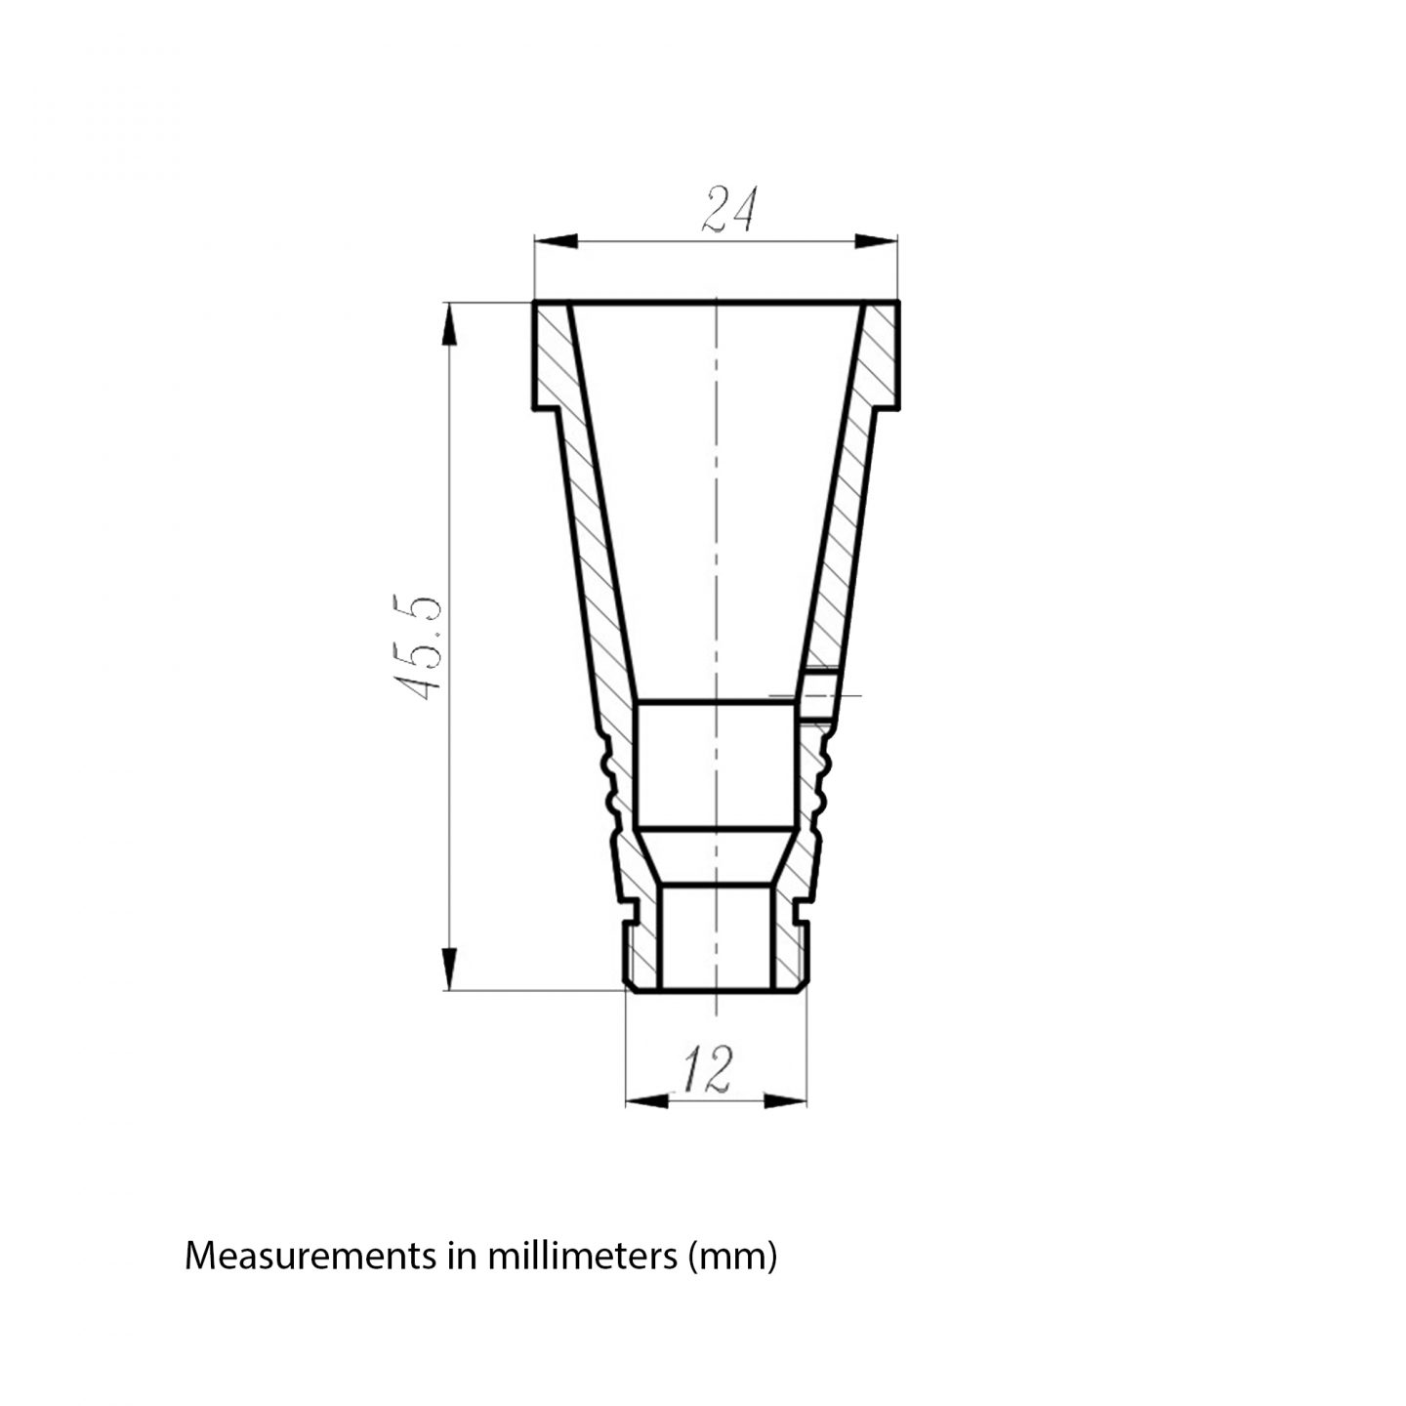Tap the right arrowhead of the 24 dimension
click(876, 242)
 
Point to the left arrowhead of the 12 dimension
click(644, 1100)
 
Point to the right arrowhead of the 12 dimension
click(786, 1100)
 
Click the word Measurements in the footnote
click(310, 1256)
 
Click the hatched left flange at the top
click(554, 356)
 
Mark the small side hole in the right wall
click(818, 694)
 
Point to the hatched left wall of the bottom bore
click(643, 942)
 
